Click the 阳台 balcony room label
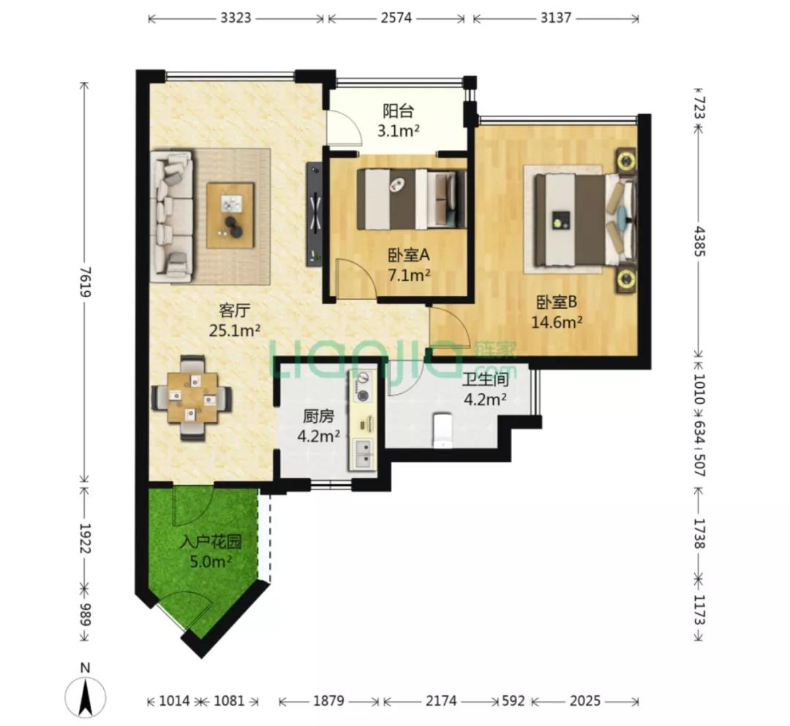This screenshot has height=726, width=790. pyautogui.click(x=398, y=110)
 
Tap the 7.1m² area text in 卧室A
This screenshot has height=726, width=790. pyautogui.click(x=409, y=275)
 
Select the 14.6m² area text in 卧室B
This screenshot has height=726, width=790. pyautogui.click(x=557, y=322)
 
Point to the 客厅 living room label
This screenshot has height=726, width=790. pyautogui.click(x=235, y=310)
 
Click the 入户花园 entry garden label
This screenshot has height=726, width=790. pyautogui.click(x=211, y=542)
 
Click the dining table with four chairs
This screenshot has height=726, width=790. pyautogui.click(x=192, y=398)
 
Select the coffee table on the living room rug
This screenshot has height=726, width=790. pyautogui.click(x=230, y=215)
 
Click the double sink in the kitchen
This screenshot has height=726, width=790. pyautogui.click(x=363, y=453)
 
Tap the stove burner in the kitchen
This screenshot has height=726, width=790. pyautogui.click(x=362, y=386)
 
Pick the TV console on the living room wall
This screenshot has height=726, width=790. pyautogui.click(x=314, y=214)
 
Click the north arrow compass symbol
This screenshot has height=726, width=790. pyautogui.click(x=86, y=696)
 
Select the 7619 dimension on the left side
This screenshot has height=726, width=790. pyautogui.click(x=85, y=282)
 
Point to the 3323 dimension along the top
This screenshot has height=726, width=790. pyautogui.click(x=236, y=18)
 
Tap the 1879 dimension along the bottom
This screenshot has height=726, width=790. pyautogui.click(x=328, y=701)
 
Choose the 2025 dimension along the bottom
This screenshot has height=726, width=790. pyautogui.click(x=585, y=701)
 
